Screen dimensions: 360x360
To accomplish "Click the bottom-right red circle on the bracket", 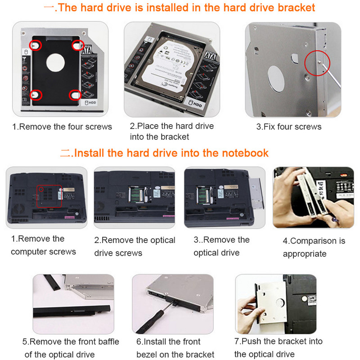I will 75,94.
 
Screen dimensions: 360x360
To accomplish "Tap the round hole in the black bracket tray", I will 54,62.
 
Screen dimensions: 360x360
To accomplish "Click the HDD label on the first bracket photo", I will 90,103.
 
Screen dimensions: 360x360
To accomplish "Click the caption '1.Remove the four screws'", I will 62,126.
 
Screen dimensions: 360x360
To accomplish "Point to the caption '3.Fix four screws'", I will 289,126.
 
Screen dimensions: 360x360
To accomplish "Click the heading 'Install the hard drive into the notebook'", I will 171,153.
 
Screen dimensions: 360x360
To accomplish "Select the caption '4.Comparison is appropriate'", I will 314,247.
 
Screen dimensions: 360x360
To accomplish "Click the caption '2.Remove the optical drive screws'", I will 135,247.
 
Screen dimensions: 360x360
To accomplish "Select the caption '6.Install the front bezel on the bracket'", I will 175,348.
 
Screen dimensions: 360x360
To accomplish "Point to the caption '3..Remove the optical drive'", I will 221,246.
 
